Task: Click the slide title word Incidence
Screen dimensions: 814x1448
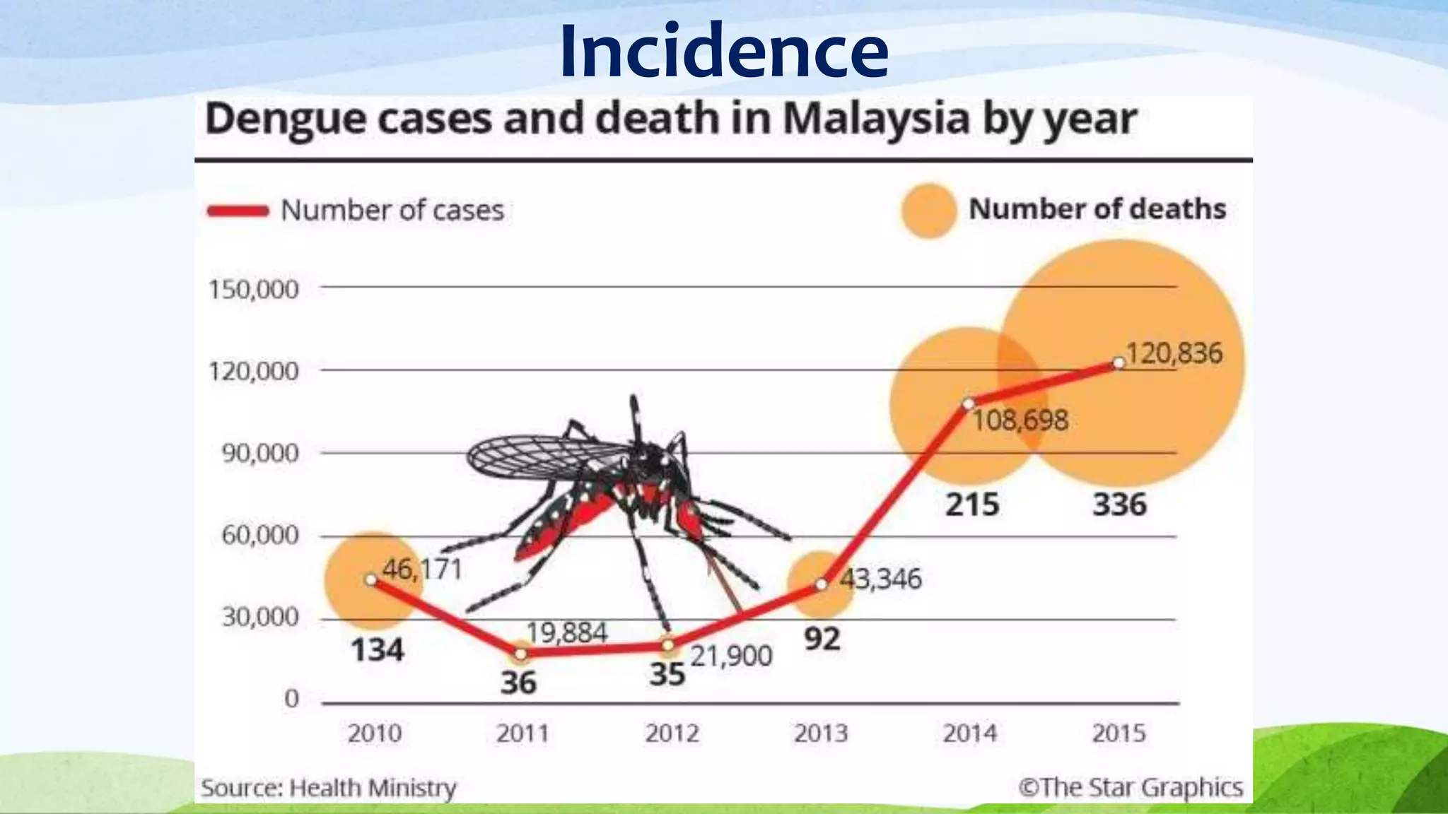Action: (x=723, y=52)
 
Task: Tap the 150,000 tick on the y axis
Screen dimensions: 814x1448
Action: (x=253, y=289)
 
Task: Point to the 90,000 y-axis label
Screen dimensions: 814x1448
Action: (x=260, y=453)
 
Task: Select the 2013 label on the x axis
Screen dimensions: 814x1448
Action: (x=820, y=733)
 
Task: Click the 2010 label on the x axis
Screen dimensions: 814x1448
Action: (x=374, y=733)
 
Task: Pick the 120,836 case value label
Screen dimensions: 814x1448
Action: (x=1174, y=353)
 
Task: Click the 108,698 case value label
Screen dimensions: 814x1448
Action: (x=1020, y=420)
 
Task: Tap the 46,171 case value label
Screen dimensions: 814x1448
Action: (x=422, y=569)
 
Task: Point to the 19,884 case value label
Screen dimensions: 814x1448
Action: (x=567, y=632)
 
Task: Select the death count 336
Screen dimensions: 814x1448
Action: (x=1119, y=505)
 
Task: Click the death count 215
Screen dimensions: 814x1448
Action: (x=972, y=505)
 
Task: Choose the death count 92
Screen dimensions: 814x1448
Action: (x=822, y=639)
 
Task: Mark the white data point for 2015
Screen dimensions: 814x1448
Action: (x=1119, y=363)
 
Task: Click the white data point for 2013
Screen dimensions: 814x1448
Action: (x=821, y=584)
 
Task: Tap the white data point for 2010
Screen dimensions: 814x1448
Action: (x=370, y=579)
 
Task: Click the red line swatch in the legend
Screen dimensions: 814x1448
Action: (x=238, y=211)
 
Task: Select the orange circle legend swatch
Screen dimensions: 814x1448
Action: (x=928, y=211)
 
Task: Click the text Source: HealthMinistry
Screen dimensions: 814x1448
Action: (x=329, y=788)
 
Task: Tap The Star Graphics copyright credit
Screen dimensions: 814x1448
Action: (x=1130, y=787)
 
